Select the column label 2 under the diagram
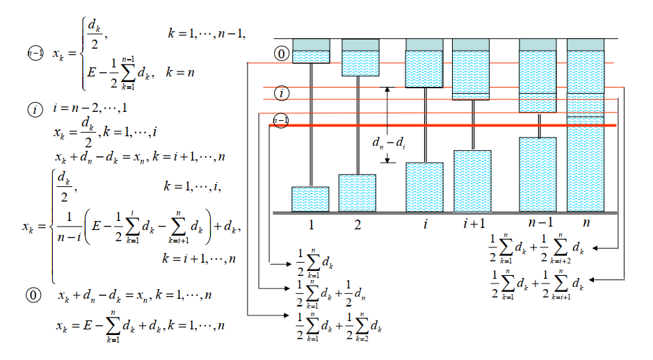coord(357,224)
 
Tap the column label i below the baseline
coord(424,224)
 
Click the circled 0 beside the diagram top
coord(281,54)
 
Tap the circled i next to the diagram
coord(281,92)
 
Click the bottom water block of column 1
coord(310,199)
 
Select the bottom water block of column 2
coord(357,193)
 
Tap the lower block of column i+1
coord(472,181)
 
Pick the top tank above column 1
coord(310,51)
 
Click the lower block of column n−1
coord(538,174)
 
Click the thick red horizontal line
coord(445,125)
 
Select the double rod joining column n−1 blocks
coord(539,125)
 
